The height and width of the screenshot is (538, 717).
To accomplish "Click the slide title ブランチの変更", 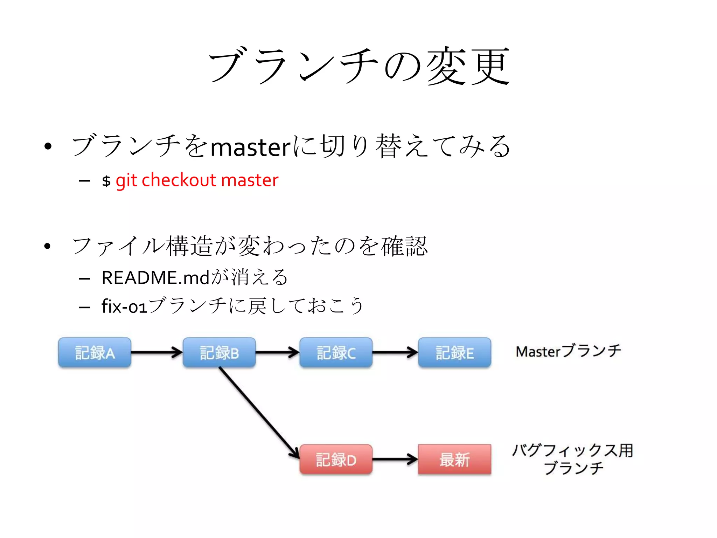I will pyautogui.click(x=359, y=66).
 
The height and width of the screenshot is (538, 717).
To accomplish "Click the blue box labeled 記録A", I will pyautogui.click(x=95, y=352).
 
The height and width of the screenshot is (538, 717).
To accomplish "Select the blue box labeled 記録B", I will pyautogui.click(x=219, y=352).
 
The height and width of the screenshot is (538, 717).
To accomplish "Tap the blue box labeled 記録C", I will pyautogui.click(x=336, y=352).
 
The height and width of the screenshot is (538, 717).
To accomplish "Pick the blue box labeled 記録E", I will pyautogui.click(x=454, y=352).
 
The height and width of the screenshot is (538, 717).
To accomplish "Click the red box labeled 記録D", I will pyautogui.click(x=336, y=459).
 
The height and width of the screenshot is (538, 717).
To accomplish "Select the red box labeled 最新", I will pyautogui.click(x=454, y=459).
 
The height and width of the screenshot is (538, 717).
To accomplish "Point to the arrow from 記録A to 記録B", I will pyautogui.click(x=156, y=352).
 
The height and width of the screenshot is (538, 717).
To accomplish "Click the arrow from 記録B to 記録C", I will pyautogui.click(x=277, y=352).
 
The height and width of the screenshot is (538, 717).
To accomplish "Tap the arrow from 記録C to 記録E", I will pyautogui.click(x=395, y=352).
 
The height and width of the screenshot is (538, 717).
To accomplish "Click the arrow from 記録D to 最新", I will pyautogui.click(x=395, y=459).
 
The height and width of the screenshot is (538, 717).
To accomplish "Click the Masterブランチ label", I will pyautogui.click(x=568, y=351).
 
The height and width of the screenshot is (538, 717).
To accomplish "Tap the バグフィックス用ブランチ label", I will pyautogui.click(x=573, y=459).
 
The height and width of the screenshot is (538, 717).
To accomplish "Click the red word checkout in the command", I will pyautogui.click(x=179, y=180).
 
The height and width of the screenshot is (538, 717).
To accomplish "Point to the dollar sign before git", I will pyautogui.click(x=106, y=181).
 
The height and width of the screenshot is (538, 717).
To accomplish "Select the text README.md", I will pyautogui.click(x=155, y=277).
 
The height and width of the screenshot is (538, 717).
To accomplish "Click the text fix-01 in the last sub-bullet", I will pyautogui.click(x=124, y=306).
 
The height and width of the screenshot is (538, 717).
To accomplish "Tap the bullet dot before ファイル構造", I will pyautogui.click(x=48, y=246).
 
